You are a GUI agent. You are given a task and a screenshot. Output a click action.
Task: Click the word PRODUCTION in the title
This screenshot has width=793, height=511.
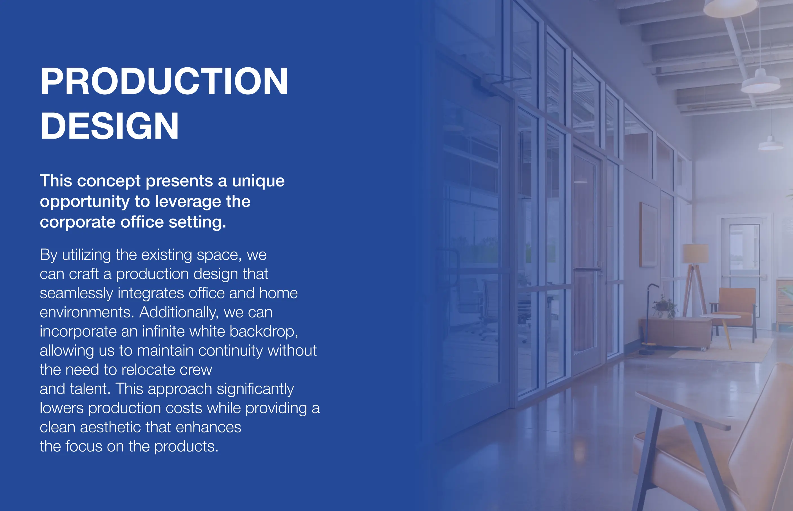tap(164, 81)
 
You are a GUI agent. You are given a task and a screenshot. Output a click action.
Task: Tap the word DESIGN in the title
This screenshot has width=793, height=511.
tap(110, 126)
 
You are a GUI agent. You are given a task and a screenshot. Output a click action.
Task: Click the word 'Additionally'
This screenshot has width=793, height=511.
tap(179, 312)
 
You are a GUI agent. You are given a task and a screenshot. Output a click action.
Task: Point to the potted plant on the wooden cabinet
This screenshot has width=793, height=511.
tap(664, 308)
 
